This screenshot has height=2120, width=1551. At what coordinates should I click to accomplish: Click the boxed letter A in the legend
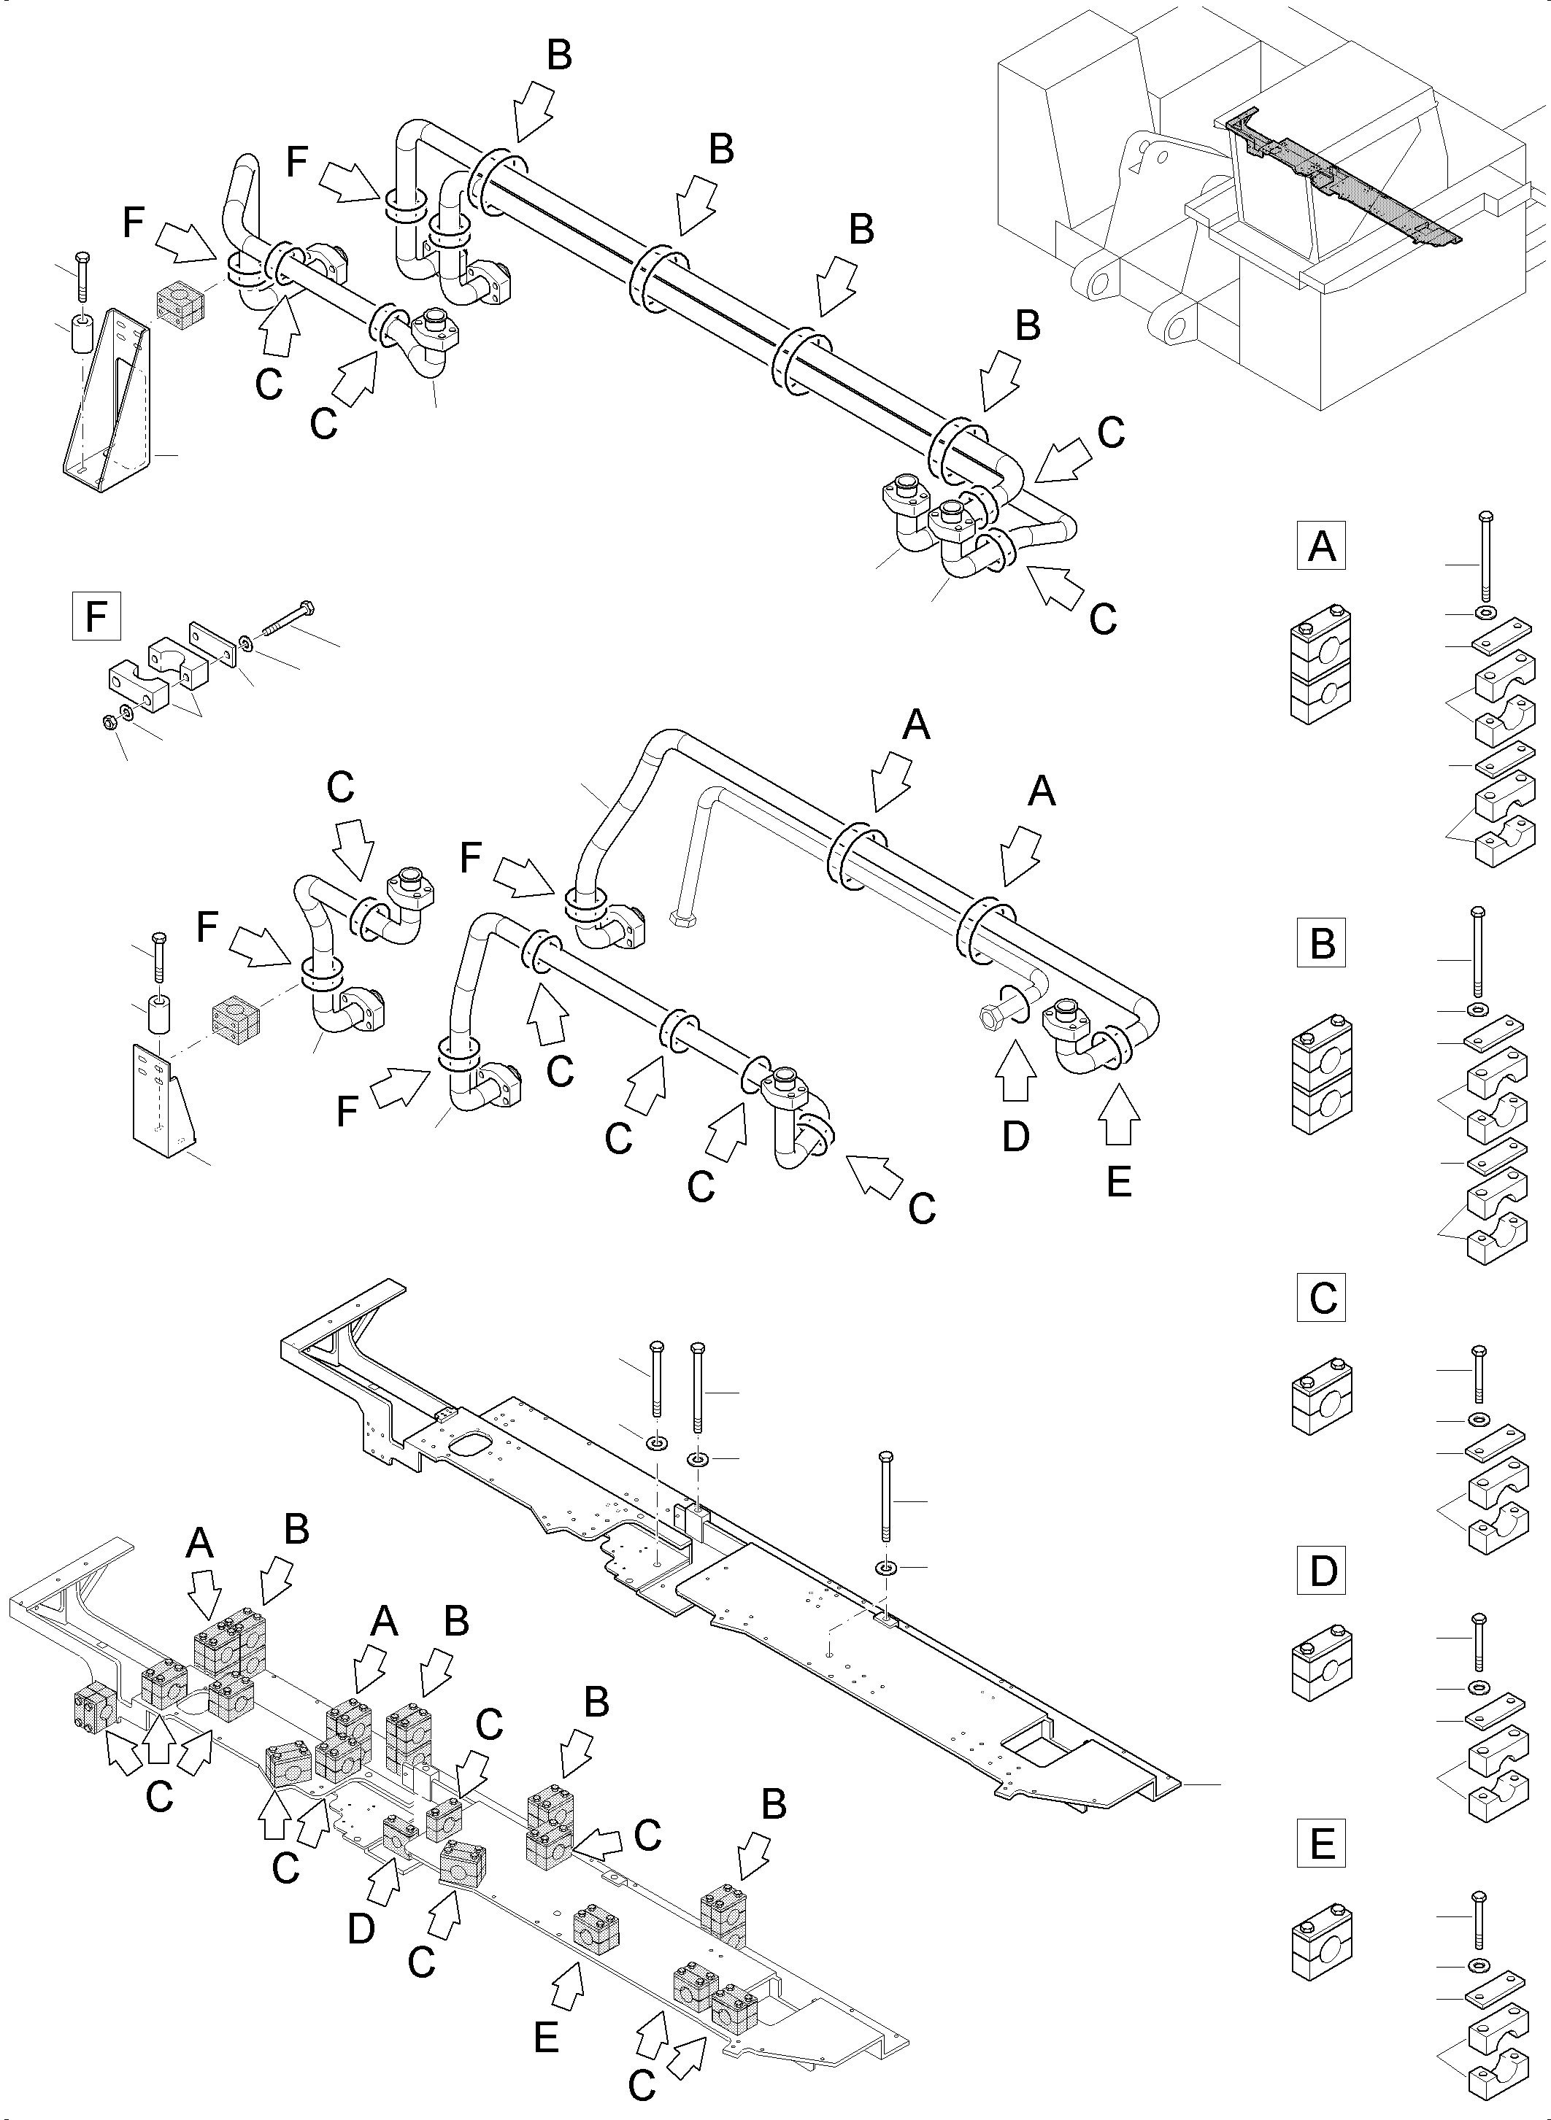coord(1321,545)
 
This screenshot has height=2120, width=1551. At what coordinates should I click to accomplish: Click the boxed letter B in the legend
coord(1321,943)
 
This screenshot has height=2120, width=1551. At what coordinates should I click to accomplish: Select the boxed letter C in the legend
coord(1321,1298)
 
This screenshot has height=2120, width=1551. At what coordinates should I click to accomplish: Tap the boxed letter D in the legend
coord(1321,1570)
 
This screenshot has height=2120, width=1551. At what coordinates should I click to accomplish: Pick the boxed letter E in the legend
coord(1321,1845)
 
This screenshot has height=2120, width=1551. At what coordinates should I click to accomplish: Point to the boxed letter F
coord(96,616)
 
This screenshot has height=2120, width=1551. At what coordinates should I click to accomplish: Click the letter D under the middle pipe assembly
coord(1016,1137)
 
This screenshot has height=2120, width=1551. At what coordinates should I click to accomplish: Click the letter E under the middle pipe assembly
coord(1118,1183)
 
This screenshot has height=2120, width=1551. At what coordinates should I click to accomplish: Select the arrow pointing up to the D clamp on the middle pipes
coord(1016,1074)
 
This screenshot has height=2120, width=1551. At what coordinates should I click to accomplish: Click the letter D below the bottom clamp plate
coord(361,1930)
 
